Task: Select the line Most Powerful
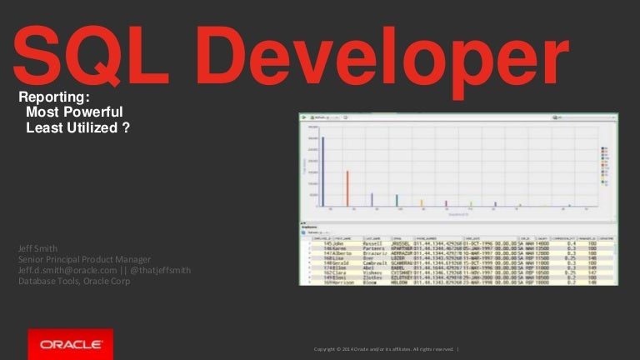pyautogui.click(x=75, y=112)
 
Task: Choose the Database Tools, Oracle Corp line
pyautogui.click(x=74, y=281)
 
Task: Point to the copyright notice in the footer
pyautogui.click(x=379, y=348)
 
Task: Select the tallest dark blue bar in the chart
pyautogui.click(x=322, y=171)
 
